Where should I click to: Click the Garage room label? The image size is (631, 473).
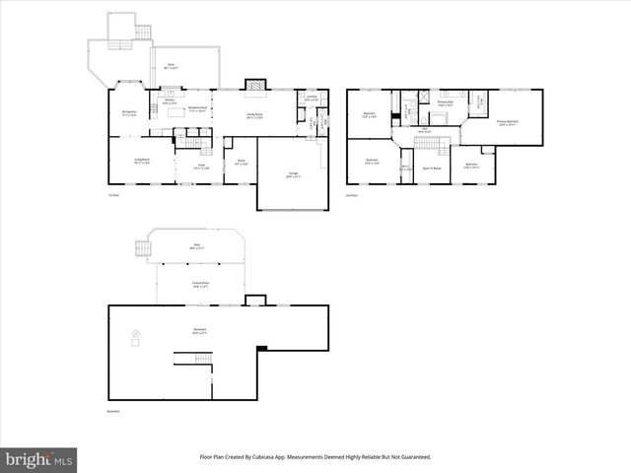click(x=293, y=175)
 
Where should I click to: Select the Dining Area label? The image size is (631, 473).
click(x=128, y=112)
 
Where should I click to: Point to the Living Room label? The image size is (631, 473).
click(x=143, y=161)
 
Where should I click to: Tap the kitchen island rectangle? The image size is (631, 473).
click(x=177, y=110)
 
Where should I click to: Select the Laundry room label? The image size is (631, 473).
click(x=311, y=99)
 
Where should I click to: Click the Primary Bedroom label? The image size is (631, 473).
click(x=508, y=123)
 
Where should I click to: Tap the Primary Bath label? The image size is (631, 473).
click(x=445, y=102)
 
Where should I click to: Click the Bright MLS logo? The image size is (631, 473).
click(x=39, y=459)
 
